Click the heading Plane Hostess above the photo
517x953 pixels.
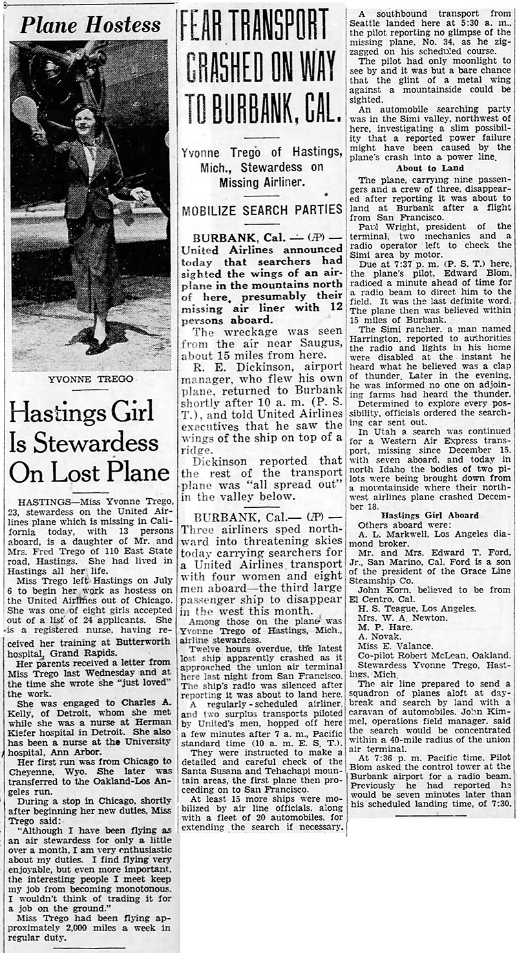90,25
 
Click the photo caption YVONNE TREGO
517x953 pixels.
90,379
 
